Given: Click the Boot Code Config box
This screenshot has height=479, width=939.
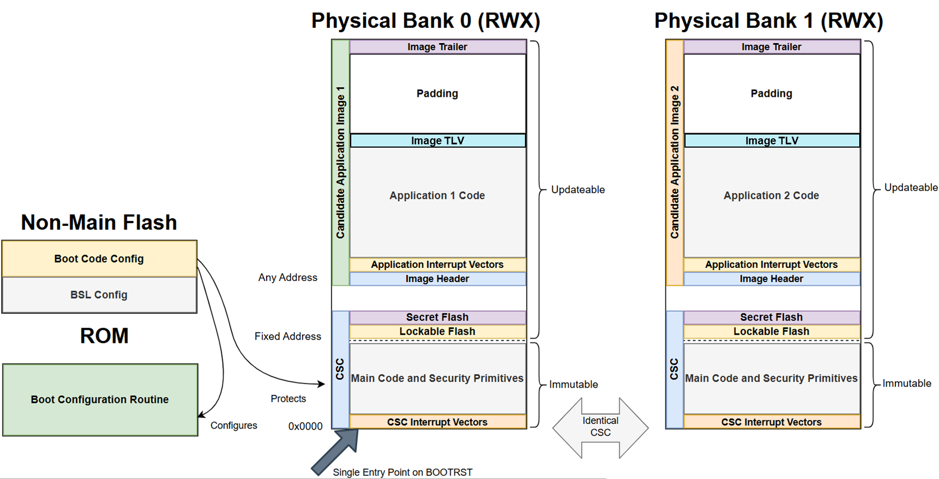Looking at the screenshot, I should click(99, 259).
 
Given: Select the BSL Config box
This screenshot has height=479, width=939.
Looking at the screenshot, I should click(99, 295).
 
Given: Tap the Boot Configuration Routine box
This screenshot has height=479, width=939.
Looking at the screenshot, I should click(99, 400).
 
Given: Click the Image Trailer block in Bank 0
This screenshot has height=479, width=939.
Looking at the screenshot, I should click(437, 47).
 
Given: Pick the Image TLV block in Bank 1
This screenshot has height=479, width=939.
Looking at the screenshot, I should click(771, 141).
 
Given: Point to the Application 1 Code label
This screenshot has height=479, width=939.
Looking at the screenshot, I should click(437, 196).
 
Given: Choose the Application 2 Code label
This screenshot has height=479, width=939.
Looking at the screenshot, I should click(771, 196).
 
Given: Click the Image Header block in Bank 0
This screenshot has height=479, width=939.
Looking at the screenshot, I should click(437, 279).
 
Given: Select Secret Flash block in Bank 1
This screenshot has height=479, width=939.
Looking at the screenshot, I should click(771, 317).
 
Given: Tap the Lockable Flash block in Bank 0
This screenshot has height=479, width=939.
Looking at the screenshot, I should click(437, 331).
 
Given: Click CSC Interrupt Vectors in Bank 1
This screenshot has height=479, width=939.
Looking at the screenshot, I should click(771, 422).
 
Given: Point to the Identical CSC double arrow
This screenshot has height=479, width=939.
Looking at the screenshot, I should click(600, 427).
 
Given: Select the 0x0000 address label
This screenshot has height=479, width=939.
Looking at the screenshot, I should click(305, 427).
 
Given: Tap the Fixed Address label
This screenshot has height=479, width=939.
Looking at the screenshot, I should click(288, 336).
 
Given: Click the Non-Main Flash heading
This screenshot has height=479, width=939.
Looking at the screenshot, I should click(99, 223).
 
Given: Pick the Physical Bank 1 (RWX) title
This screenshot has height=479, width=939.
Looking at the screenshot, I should click(769, 21).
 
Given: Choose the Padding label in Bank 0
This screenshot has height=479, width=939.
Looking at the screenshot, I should click(437, 94).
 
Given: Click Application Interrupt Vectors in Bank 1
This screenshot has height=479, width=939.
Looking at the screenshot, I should click(771, 265).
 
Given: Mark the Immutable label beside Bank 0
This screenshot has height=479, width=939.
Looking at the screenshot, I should click(574, 384).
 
